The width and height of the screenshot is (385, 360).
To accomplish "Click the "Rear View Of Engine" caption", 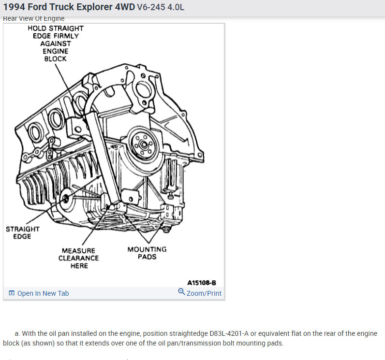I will (34, 18).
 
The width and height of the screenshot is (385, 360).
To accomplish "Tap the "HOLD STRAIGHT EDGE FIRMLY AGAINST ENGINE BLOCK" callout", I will (55, 43).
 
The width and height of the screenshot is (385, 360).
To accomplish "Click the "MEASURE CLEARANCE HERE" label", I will (79, 258).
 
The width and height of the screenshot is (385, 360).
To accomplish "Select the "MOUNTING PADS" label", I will (147, 253).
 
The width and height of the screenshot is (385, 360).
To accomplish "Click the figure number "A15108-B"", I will (201, 282).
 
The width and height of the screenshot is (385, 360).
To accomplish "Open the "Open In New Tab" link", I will (43, 293).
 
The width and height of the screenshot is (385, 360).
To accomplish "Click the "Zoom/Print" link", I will (204, 293).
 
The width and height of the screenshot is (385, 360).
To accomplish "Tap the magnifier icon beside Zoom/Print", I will (181, 292).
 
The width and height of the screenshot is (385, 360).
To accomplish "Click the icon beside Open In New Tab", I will (12, 293).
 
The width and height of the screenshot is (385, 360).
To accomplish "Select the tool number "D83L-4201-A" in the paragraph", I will (231, 334).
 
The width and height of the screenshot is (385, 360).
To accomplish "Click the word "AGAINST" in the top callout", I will (55, 43).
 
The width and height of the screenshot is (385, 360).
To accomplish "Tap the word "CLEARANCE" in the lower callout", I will (79, 258).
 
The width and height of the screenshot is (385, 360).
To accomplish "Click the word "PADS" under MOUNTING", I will (147, 257).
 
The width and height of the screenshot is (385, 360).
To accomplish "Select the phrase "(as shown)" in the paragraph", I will (36, 344).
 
